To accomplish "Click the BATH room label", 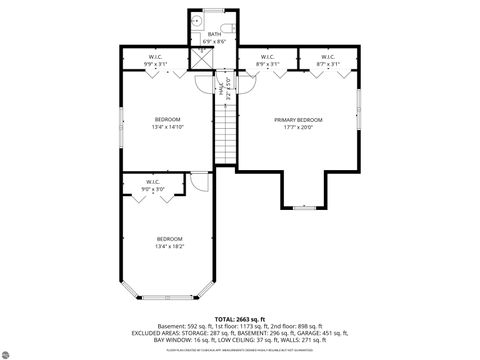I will pos(214,34).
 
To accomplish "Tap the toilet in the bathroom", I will pos(227,20).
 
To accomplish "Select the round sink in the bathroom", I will pos(198,20).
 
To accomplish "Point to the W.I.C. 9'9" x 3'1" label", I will pos(156,60).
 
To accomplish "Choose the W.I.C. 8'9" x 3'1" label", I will pos(267,60).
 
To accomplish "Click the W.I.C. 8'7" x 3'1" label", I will pos(328,60).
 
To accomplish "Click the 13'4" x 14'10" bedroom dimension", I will pos(169,128).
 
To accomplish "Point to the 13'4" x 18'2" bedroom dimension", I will pos(169,244).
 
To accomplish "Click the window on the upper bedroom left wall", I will pos(121,122).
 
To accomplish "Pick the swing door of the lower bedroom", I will pos(201,183).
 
